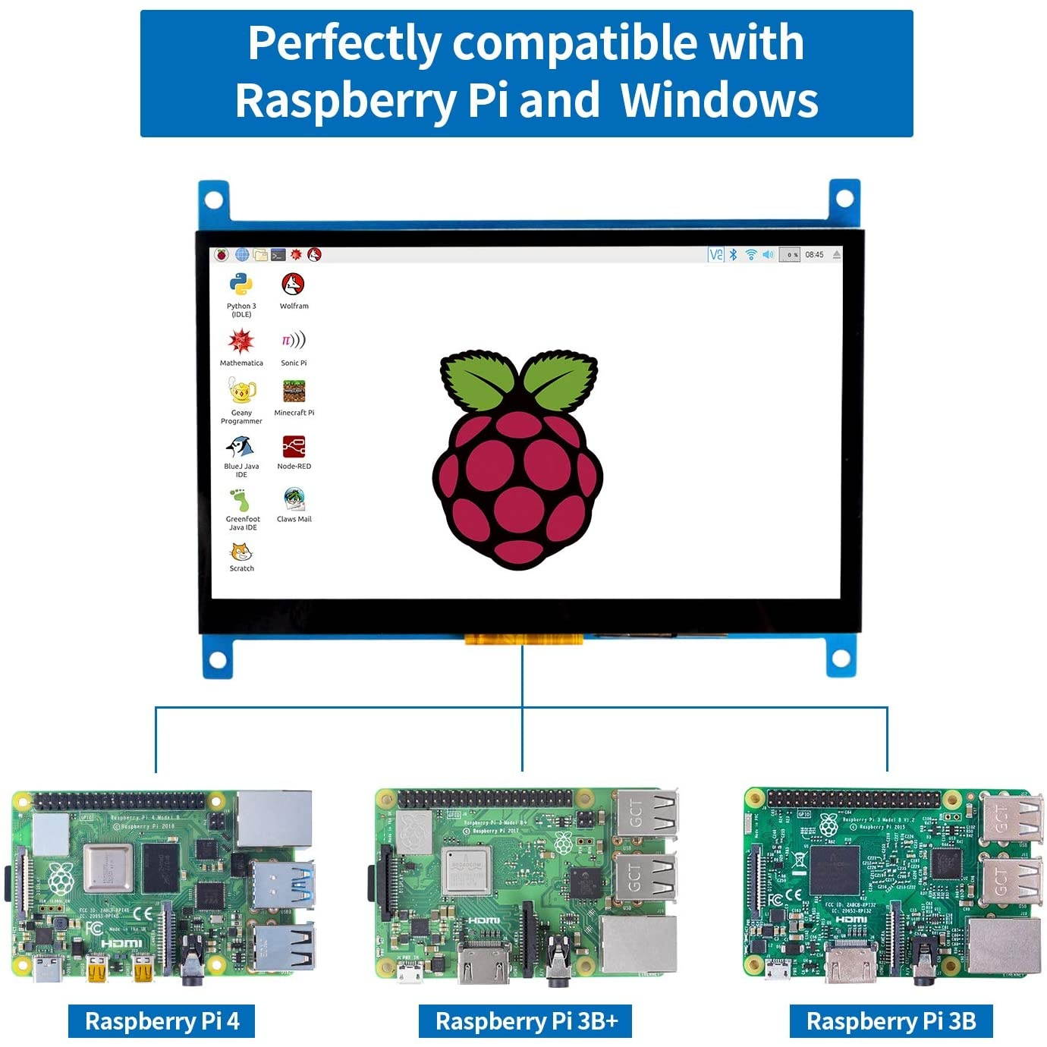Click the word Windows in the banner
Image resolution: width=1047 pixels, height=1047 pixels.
(719, 99)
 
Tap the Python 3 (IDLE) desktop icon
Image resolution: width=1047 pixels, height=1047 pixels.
(241, 285)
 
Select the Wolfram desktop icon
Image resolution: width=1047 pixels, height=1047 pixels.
(294, 285)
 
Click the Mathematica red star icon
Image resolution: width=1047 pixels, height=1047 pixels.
(241, 341)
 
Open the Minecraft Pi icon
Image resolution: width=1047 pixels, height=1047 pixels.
(294, 391)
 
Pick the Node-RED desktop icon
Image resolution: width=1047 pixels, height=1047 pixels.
(294, 447)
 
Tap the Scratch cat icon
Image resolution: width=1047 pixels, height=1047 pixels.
(241, 552)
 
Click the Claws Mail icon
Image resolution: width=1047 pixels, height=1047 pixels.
(294, 499)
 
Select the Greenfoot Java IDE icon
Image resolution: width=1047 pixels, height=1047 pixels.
(241, 500)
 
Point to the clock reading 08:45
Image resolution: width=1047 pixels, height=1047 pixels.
(814, 255)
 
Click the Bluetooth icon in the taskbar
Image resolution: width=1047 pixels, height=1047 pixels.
(734, 255)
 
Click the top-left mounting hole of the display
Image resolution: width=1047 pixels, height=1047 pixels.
(214, 200)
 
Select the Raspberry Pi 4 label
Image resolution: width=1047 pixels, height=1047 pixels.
(162, 1021)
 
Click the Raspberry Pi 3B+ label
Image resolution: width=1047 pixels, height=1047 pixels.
(526, 1021)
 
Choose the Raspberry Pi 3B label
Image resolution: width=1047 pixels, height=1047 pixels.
(891, 1021)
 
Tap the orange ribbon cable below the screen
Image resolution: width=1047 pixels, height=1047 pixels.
(523, 640)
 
